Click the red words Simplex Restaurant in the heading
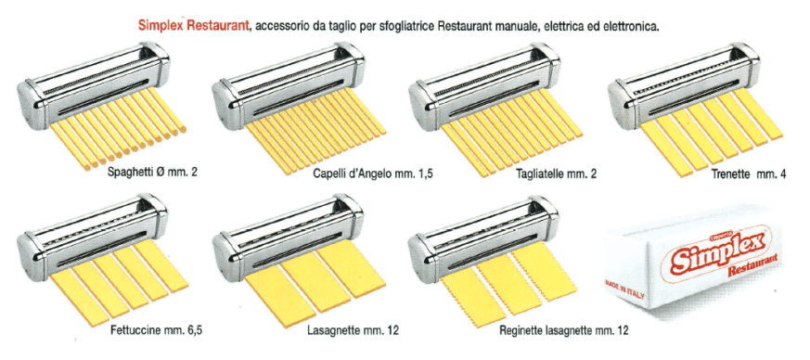[194, 26]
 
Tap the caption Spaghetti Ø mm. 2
[152, 173]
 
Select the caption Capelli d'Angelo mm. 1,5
[372, 174]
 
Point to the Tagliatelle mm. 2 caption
[557, 174]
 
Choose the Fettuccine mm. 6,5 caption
[156, 329]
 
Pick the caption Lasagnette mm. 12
[353, 329]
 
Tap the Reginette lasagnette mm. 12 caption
[564, 330]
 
